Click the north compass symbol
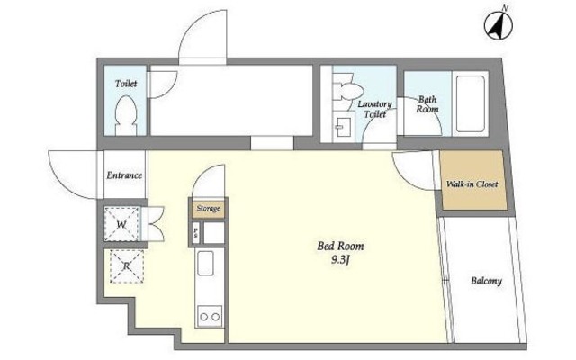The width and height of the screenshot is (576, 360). click(x=498, y=25)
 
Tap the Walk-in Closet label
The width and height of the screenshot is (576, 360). click(x=472, y=184)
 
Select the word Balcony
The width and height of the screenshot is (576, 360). click(x=486, y=281)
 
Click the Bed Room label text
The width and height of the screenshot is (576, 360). click(x=340, y=246)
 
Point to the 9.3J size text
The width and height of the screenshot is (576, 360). click(x=340, y=260)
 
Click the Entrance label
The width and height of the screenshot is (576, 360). click(x=124, y=175)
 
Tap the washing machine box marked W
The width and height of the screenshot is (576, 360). click(x=121, y=224)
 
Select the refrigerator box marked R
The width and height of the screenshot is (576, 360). click(x=127, y=266)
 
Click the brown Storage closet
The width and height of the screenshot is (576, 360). click(x=208, y=209)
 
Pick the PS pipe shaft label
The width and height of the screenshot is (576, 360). click(x=196, y=232)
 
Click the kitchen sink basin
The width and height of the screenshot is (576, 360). click(x=205, y=263)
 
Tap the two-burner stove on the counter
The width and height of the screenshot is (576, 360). click(x=210, y=316)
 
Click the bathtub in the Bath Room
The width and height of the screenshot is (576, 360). click(x=470, y=103)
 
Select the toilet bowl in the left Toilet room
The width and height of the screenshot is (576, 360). click(x=126, y=115)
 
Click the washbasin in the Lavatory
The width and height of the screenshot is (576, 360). click(x=344, y=127)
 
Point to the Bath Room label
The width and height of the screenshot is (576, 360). click(x=427, y=104)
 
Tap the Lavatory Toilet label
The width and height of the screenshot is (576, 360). click(x=375, y=109)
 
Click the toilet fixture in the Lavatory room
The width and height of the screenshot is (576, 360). click(x=347, y=91)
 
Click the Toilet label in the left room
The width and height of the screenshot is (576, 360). click(x=126, y=84)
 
